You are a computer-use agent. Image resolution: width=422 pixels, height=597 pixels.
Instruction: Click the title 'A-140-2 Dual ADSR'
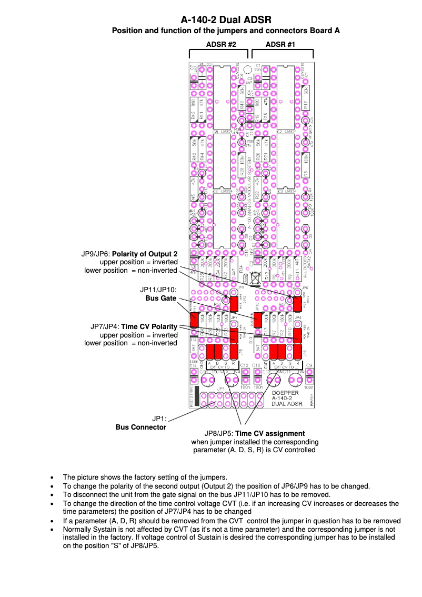[x=226, y=20]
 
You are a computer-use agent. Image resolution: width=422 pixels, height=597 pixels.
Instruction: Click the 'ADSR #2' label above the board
[x=220, y=45]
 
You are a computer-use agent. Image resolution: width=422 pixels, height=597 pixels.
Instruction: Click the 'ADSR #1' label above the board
[x=280, y=45]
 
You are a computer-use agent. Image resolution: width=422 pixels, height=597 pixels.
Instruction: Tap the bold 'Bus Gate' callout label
[x=160, y=298]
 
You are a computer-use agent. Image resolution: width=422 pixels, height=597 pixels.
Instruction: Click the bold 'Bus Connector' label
[x=140, y=427]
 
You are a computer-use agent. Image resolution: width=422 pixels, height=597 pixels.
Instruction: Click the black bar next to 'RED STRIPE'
[x=196, y=396]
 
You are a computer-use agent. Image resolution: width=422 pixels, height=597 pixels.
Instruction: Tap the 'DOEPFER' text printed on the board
[x=286, y=392]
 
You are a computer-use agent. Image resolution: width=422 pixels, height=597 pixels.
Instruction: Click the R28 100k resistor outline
[x=242, y=165]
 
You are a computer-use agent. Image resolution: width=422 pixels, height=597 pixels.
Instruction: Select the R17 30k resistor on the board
[x=306, y=98]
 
